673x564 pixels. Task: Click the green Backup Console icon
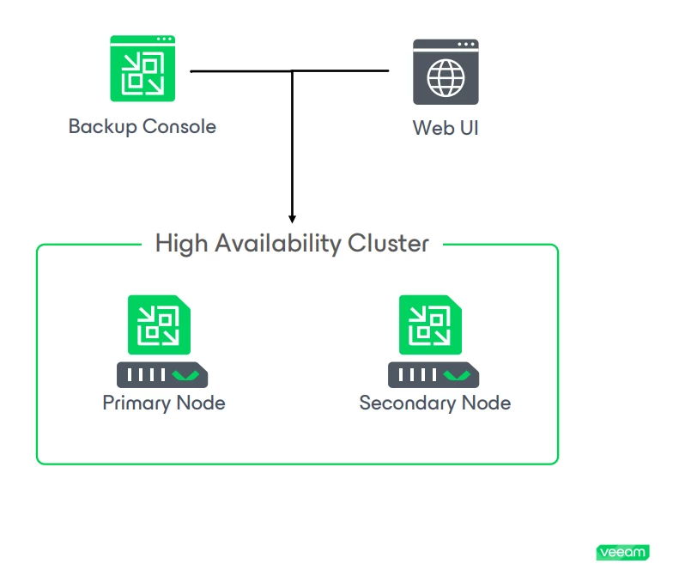(142, 70)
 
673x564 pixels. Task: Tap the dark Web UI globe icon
(445, 72)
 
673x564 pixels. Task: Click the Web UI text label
(445, 129)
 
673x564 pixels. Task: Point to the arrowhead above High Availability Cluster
(292, 218)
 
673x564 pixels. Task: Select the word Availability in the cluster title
(272, 244)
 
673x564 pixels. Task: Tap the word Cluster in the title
(387, 244)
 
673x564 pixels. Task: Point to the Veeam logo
(622, 552)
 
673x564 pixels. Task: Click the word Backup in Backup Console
(103, 127)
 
